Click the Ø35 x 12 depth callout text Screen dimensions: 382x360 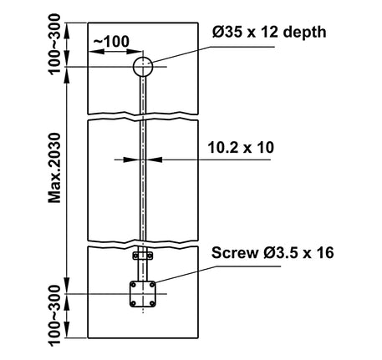269,32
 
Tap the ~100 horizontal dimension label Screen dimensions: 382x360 111,42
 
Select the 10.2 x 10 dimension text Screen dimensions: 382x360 241,148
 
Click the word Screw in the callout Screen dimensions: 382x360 235,253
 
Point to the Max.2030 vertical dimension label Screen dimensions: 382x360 54,168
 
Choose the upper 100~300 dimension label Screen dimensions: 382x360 54,43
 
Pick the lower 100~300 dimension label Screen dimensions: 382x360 54,316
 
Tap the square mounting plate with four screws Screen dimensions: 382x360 143,294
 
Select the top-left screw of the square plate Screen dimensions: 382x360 134,285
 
